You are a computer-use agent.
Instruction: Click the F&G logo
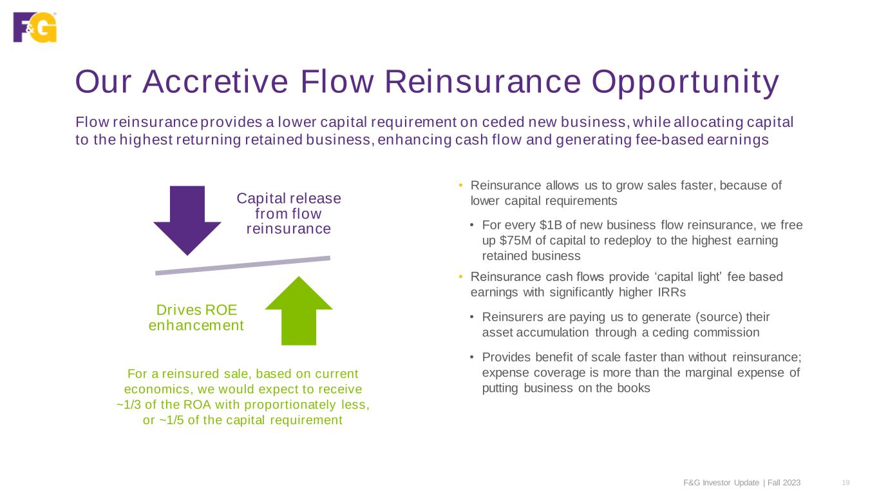click(x=35, y=27)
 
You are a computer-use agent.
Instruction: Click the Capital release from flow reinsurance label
click(x=288, y=213)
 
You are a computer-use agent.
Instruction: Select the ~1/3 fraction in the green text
click(x=131, y=405)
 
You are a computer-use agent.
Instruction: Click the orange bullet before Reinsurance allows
click(x=461, y=186)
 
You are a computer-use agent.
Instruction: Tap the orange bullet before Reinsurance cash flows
click(x=461, y=277)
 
